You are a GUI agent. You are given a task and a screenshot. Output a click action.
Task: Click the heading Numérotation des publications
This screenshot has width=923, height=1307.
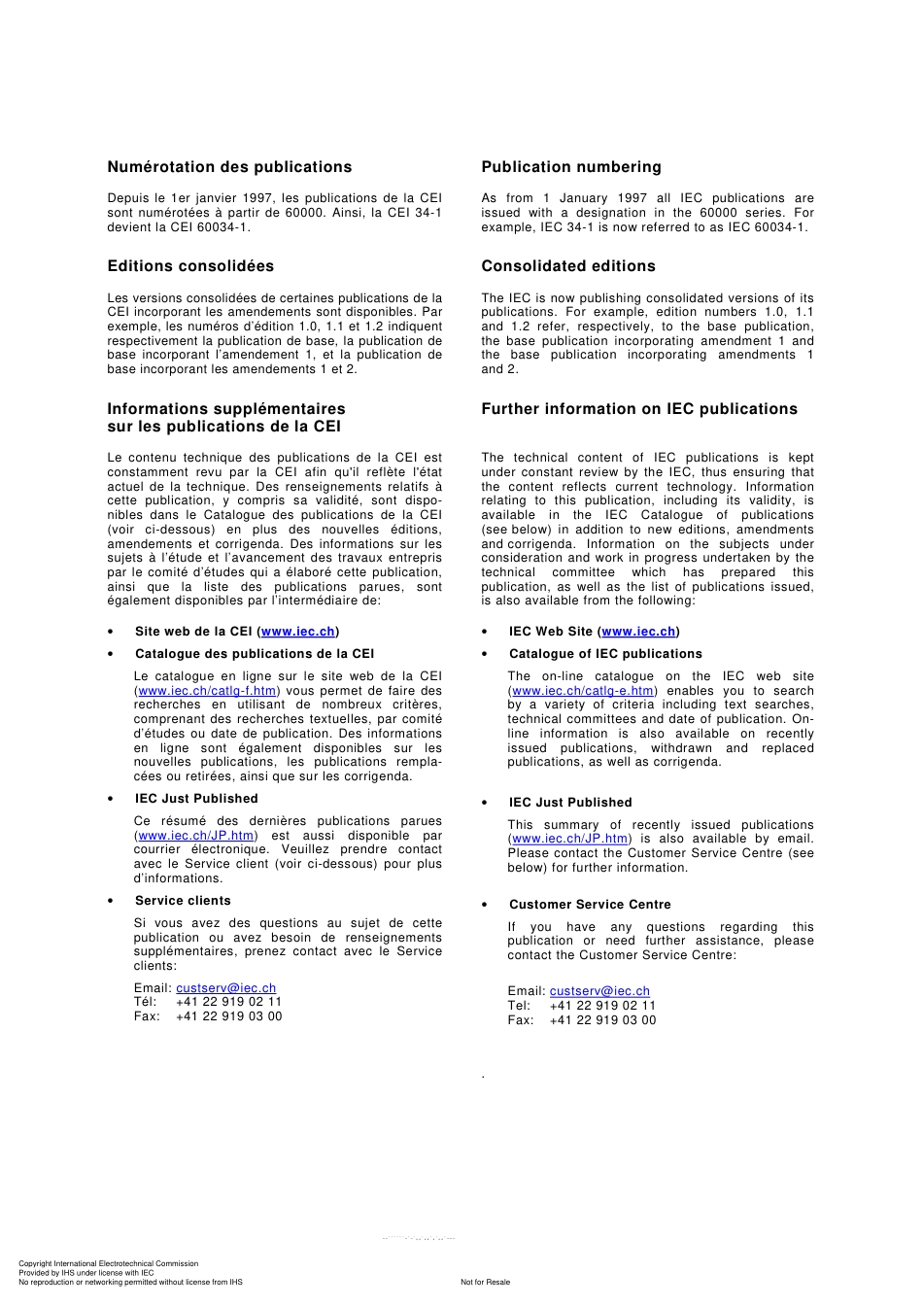(229, 167)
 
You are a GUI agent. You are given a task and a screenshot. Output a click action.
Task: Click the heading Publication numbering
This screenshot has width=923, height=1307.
(570, 167)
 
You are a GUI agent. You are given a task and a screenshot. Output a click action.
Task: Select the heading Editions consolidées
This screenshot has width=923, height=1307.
(190, 266)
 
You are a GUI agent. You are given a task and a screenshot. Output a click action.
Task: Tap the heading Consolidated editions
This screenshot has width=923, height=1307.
(567, 266)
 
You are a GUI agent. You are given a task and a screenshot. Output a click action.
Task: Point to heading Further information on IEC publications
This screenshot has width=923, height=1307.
(638, 409)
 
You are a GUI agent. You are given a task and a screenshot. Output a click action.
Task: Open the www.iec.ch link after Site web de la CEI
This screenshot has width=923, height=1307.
(298, 632)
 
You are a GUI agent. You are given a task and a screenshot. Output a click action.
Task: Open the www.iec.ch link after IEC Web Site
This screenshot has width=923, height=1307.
(638, 632)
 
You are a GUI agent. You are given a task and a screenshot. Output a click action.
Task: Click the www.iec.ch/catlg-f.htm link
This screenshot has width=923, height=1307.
(207, 691)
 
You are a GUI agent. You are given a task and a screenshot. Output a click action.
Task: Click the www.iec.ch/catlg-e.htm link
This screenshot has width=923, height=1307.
(583, 691)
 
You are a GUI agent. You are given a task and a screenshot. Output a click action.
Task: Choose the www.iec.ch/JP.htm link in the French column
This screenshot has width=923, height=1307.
(196, 836)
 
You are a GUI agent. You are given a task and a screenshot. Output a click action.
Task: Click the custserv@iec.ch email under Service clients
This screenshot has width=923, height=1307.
(225, 988)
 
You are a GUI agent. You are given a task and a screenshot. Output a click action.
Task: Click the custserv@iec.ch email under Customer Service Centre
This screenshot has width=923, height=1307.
(599, 992)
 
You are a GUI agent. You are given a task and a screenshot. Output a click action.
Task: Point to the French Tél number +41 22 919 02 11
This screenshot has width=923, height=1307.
(228, 1002)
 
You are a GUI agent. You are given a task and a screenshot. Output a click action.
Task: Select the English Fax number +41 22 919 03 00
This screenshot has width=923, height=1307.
(602, 1020)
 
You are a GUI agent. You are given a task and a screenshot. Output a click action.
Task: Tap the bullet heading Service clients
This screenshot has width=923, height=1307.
(183, 901)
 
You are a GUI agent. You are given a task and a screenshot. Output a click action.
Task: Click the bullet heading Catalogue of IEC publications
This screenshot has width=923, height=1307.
(605, 654)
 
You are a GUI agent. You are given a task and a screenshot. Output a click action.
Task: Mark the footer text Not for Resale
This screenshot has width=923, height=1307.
(485, 1282)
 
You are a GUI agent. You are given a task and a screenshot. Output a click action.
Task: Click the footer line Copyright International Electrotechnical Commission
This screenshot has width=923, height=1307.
(108, 1264)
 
